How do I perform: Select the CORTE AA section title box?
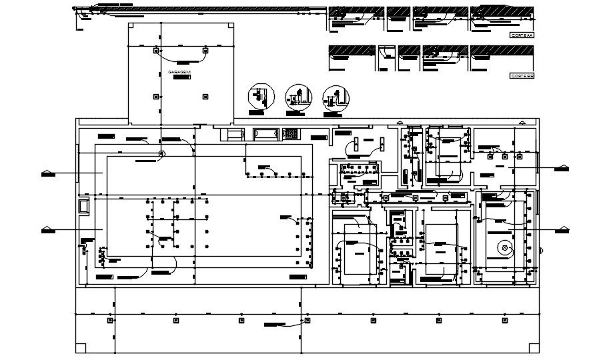pos(522,34)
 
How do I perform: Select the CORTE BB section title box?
pos(522,75)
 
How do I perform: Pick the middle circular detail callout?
pos(296,97)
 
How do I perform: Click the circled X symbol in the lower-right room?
pos(505,249)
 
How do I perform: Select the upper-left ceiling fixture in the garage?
pos(156,51)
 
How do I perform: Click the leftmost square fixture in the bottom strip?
pos(109,321)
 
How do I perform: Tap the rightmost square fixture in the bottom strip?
pos(502,321)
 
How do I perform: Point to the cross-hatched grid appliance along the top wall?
pos(291,133)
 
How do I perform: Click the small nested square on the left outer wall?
pos(83,207)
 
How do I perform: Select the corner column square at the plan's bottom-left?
pos(81,347)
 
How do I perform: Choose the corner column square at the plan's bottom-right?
pos(533,347)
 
